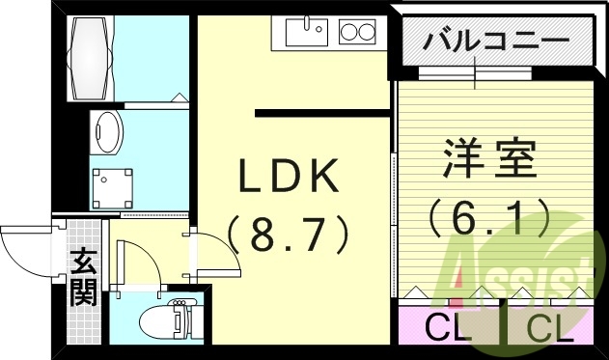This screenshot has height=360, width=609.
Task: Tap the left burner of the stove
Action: pyautogui.click(x=348, y=34)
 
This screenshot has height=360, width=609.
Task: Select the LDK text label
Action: pyautogui.click(x=289, y=180)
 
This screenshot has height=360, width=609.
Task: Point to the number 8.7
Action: pyautogui.click(x=288, y=232)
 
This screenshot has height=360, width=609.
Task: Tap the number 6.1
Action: pyautogui.click(x=489, y=215)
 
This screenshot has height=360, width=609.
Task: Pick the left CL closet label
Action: pyautogui.click(x=449, y=328)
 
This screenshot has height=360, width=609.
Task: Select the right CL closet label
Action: pyautogui.click(x=550, y=328)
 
